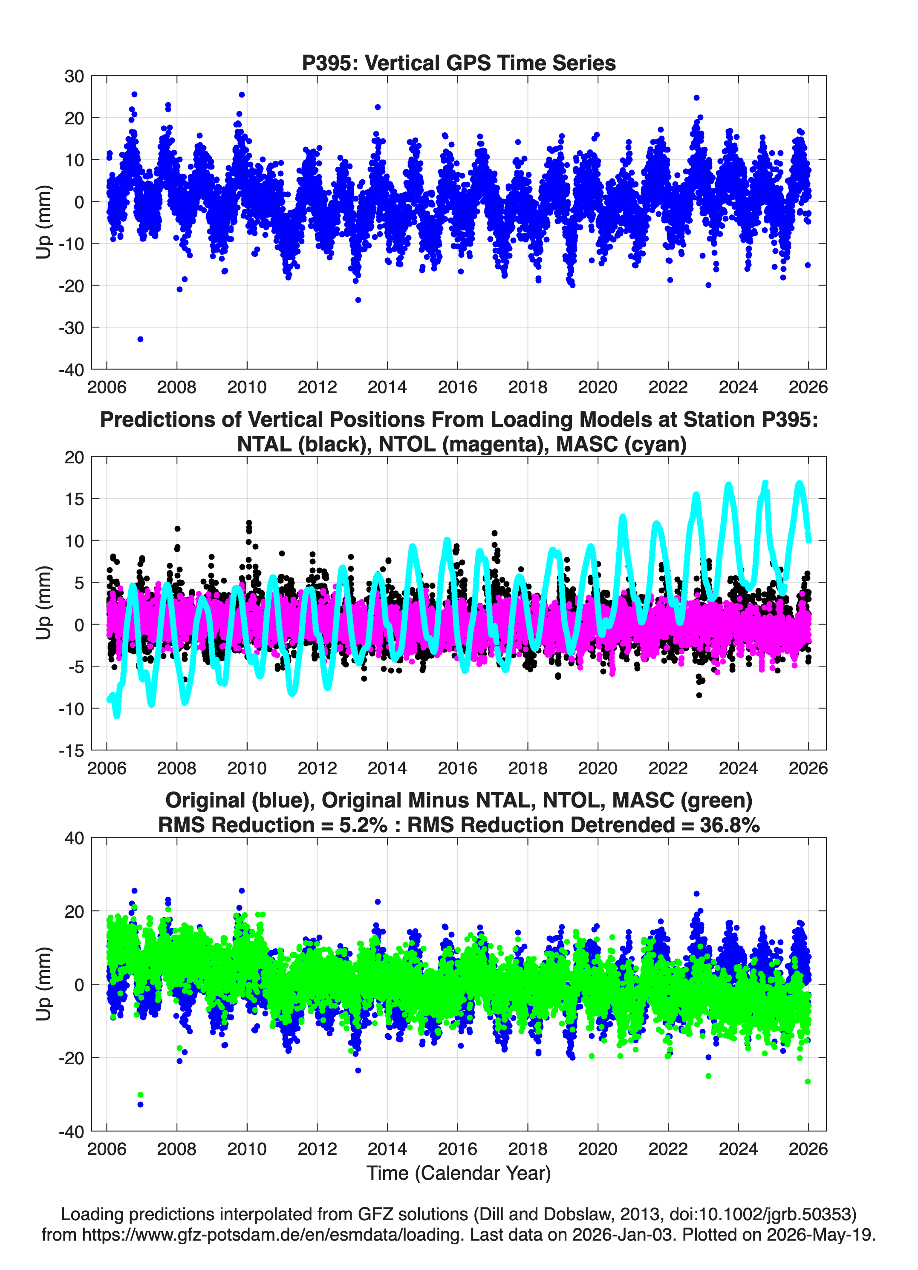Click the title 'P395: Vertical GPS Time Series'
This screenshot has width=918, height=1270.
click(x=459, y=63)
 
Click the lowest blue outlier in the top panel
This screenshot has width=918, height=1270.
click(x=140, y=339)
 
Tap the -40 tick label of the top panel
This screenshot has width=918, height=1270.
click(x=71, y=370)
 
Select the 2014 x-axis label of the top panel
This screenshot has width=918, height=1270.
click(x=387, y=387)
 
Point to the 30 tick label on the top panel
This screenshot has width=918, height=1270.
click(x=74, y=76)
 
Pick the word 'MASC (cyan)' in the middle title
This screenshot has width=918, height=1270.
click(x=621, y=444)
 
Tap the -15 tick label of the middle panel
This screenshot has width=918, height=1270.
click(x=71, y=750)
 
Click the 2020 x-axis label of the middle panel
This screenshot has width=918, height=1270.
click(x=598, y=768)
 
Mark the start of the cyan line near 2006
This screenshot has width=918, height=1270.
click(x=109, y=699)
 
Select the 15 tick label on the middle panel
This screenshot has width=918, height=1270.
click(x=74, y=498)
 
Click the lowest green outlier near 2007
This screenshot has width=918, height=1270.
click(x=140, y=1095)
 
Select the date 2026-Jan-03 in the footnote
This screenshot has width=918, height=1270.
click(x=622, y=1235)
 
